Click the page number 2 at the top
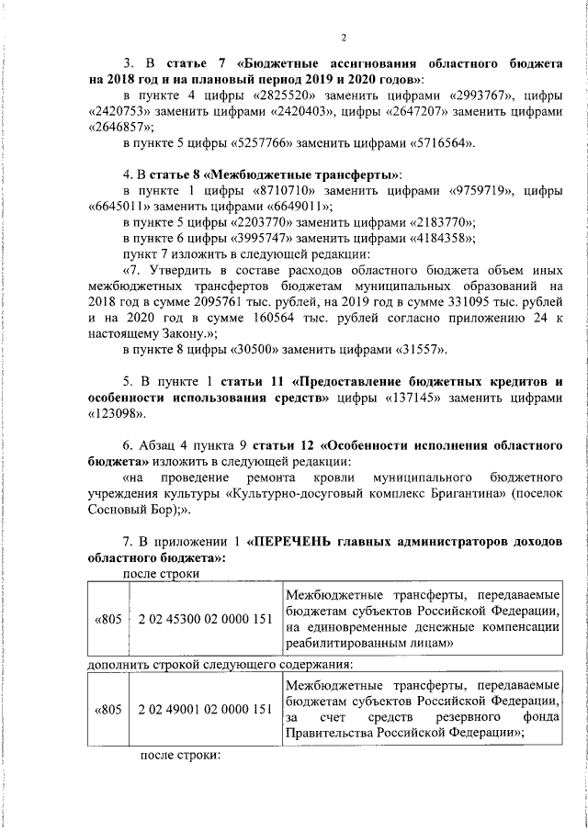[342, 38]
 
